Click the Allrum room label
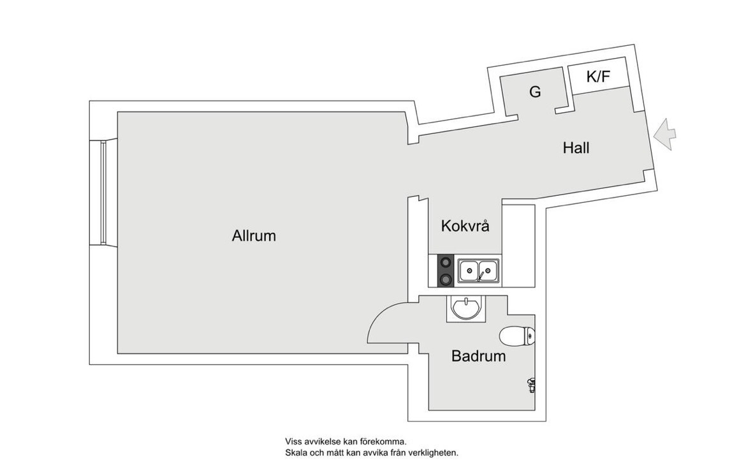click(x=254, y=235)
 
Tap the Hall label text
click(x=576, y=147)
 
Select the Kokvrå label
click(x=465, y=225)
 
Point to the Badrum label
click(x=478, y=356)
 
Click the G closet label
click(x=535, y=92)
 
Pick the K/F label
click(x=598, y=76)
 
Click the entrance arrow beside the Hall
click(x=664, y=135)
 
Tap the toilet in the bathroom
click(x=517, y=336)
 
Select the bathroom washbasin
click(x=467, y=309)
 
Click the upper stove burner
click(x=446, y=262)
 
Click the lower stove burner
click(x=446, y=279)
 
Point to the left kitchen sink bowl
click(x=469, y=270)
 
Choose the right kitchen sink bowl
click(x=488, y=270)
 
